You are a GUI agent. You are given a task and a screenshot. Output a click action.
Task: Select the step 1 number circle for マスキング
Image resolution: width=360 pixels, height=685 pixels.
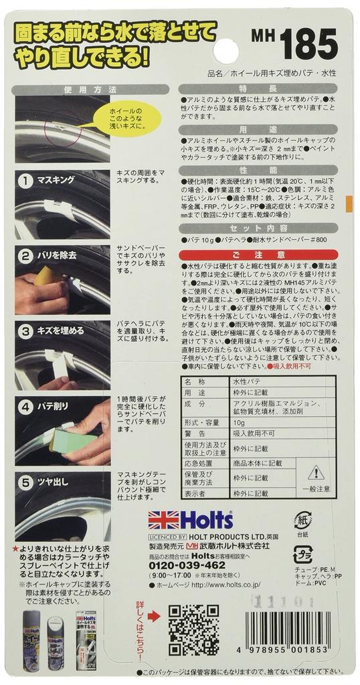pyautogui.click(x=25, y=181)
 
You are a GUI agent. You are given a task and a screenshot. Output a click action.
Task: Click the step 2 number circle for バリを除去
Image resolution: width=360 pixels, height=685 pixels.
pyautogui.click(x=25, y=255)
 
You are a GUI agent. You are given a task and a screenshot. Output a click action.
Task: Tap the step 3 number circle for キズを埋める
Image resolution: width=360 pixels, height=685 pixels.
pyautogui.click(x=25, y=330)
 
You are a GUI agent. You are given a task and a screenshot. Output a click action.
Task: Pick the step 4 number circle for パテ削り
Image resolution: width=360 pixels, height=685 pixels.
pyautogui.click(x=25, y=405)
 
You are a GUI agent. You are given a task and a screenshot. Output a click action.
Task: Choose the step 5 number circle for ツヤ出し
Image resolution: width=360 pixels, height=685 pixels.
pyautogui.click(x=25, y=480)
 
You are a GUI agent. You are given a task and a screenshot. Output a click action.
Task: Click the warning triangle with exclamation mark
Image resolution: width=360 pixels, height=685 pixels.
pyautogui.click(x=315, y=473)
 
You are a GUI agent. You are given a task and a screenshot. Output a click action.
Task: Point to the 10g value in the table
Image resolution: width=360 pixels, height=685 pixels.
pyautogui.click(x=238, y=423)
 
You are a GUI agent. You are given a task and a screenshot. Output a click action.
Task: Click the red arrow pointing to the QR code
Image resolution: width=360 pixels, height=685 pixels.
pyautogui.click(x=153, y=611)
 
